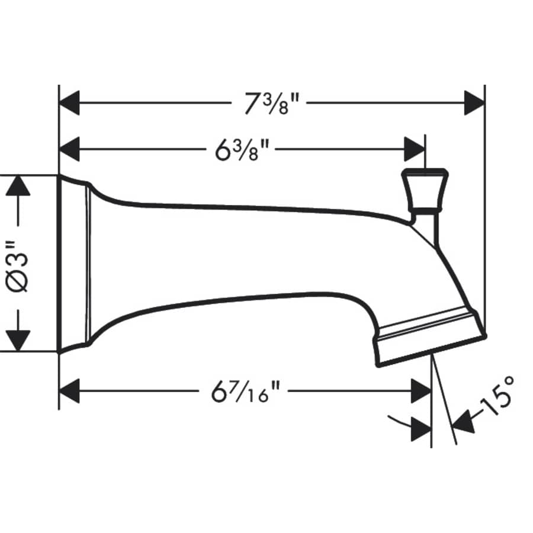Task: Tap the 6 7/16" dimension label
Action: [x=245, y=391]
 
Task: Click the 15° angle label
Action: [x=496, y=399]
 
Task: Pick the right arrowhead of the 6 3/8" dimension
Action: [x=414, y=148]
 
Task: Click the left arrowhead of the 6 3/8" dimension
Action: [x=70, y=148]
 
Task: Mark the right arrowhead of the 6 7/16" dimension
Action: [x=420, y=391]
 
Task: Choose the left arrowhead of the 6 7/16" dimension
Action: [x=70, y=391]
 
